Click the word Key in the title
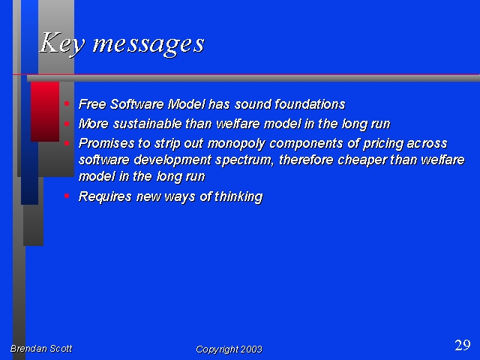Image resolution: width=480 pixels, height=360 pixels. tap(62, 43)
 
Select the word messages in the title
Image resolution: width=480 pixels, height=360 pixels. tap(148, 45)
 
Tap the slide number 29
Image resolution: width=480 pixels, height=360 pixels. tap(463, 345)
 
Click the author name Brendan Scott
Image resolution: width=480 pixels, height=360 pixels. tap(41, 348)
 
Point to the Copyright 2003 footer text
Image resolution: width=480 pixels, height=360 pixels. tap(229, 349)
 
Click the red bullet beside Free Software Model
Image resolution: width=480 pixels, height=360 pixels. tap(67, 103)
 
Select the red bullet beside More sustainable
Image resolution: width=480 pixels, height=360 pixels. tap(67, 124)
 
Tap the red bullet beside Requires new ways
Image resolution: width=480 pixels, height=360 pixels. tap(67, 196)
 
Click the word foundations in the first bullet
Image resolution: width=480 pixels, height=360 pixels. tap(310, 104)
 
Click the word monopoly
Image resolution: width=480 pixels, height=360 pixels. tap(236, 144)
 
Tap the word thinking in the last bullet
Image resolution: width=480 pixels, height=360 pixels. tap(238, 196)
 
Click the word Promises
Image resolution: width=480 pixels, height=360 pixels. tap(106, 143)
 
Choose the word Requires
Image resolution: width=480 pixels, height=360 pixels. tap(105, 196)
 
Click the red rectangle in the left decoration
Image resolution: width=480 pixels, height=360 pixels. tap(45, 112)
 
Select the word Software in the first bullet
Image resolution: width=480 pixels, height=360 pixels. tap(136, 104)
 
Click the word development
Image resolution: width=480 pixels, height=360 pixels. tap(172, 160)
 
